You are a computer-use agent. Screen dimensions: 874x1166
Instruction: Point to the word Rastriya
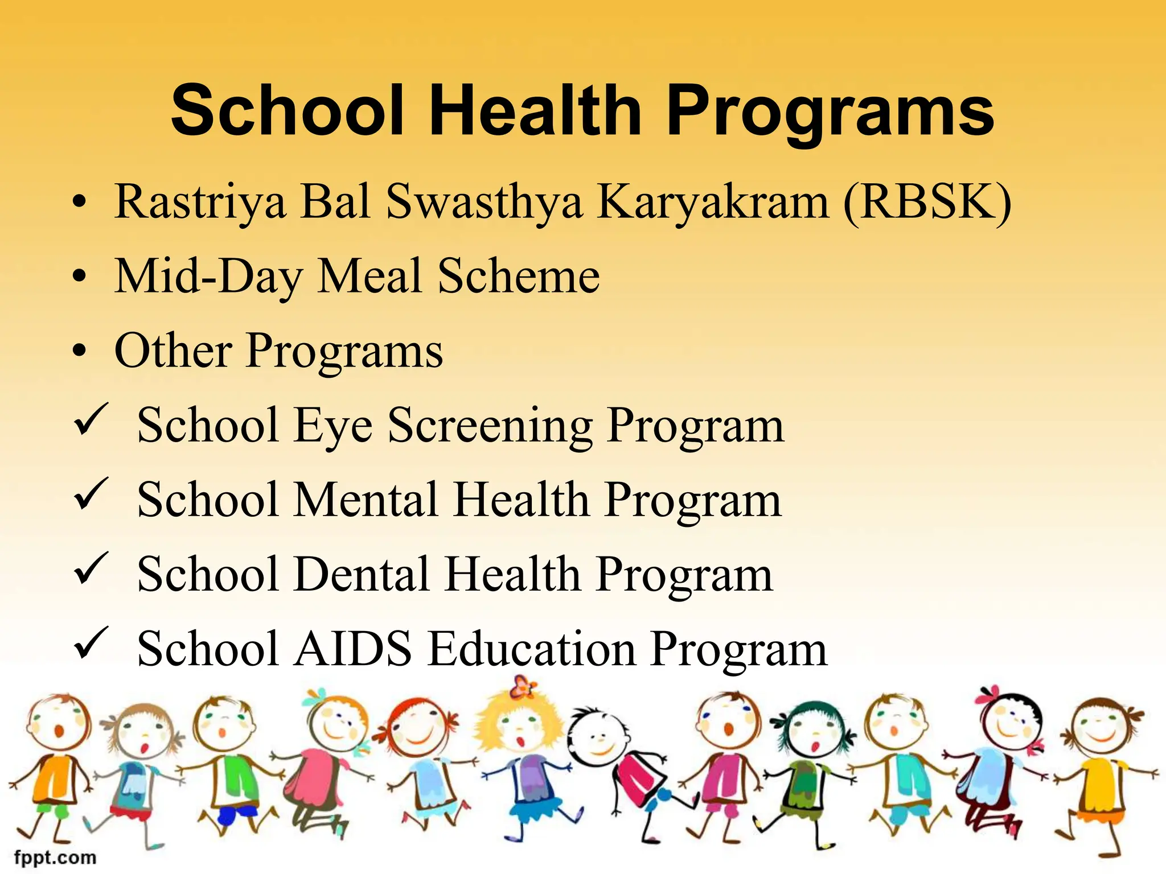coord(200,203)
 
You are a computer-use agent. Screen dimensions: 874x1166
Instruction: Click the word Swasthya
coord(485,203)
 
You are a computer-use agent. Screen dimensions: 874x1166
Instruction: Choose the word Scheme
coord(519,277)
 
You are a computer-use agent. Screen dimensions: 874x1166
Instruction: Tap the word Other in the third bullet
coord(173,351)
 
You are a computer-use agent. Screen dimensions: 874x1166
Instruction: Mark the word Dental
coord(362,575)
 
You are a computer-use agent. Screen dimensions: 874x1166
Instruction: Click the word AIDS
coord(352,649)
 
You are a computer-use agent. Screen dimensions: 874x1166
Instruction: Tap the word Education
coord(532,649)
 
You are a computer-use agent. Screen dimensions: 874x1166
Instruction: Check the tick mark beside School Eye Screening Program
coord(91,420)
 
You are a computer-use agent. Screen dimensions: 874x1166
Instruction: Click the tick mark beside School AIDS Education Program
coord(91,643)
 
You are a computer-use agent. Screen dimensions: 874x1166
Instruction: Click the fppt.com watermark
coord(55,857)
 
